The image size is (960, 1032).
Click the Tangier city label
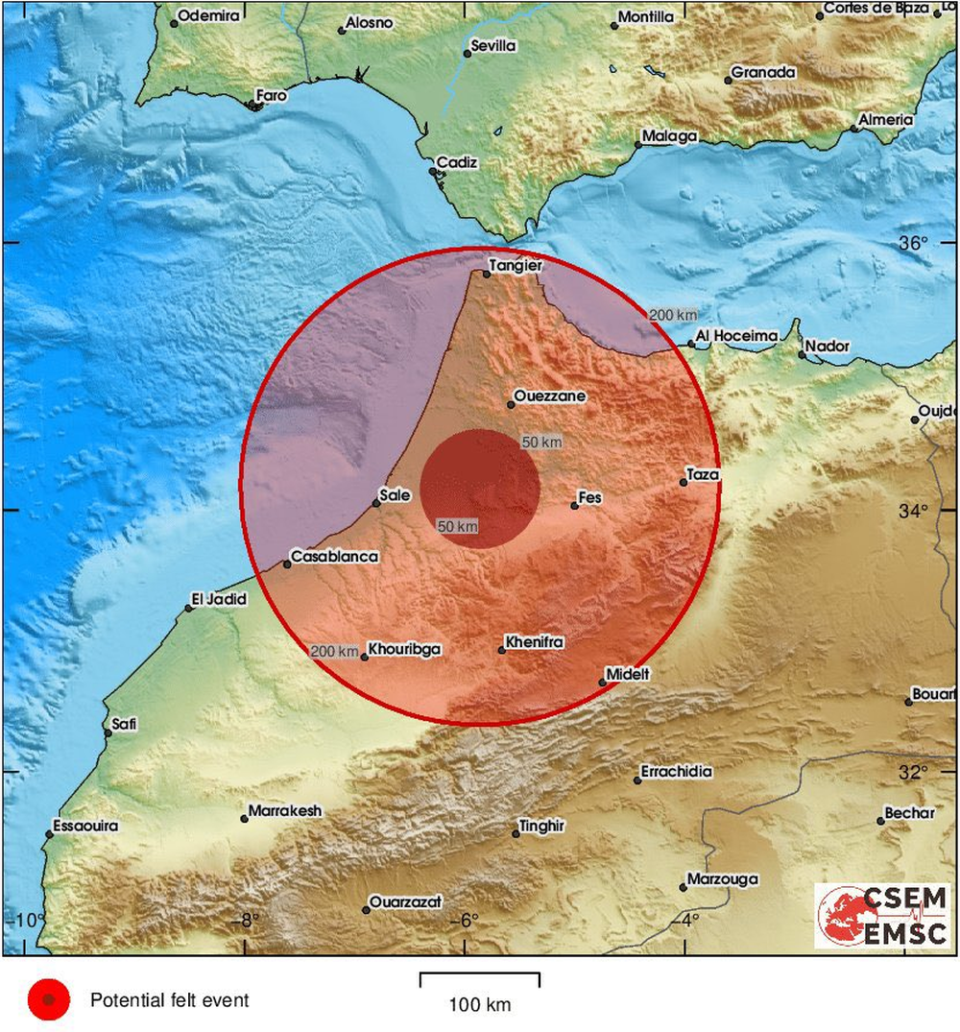516,266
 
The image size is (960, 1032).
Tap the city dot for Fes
575,505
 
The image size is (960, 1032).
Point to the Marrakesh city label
285,811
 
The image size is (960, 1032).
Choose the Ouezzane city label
550,396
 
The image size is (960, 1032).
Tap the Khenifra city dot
501,650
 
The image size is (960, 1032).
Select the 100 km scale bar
479,980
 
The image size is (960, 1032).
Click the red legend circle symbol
49,1000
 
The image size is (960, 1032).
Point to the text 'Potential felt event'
169,1000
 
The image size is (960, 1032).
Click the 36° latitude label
914,243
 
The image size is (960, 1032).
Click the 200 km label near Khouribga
335,652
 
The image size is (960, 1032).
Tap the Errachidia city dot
637,780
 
